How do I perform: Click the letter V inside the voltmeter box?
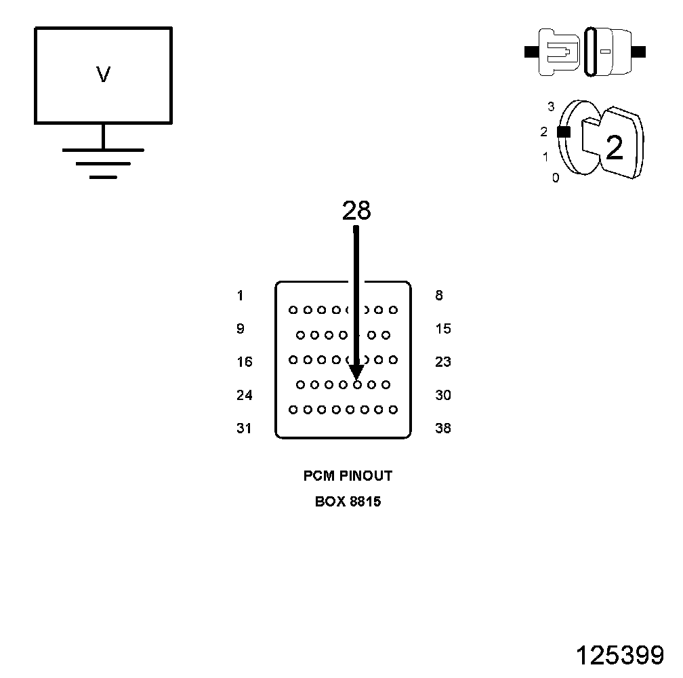coord(103,75)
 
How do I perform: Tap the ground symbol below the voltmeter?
coord(103,163)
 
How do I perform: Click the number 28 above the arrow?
coord(356,212)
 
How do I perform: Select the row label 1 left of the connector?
coord(241,296)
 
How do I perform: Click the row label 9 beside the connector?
coord(241,329)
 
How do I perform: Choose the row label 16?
coord(244,362)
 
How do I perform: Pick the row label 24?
coord(244,395)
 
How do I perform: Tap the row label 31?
coord(244,428)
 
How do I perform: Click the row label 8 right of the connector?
coord(439,296)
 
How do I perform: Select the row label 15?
coord(443,329)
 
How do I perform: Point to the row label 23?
coord(443,362)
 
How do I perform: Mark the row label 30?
coord(443,395)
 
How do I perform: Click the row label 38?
coord(443,428)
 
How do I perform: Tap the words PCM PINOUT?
coord(348,476)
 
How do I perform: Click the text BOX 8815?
coord(348,502)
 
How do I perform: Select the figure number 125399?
coord(619,656)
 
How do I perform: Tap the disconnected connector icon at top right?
coord(585,52)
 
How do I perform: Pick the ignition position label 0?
coord(556,178)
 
